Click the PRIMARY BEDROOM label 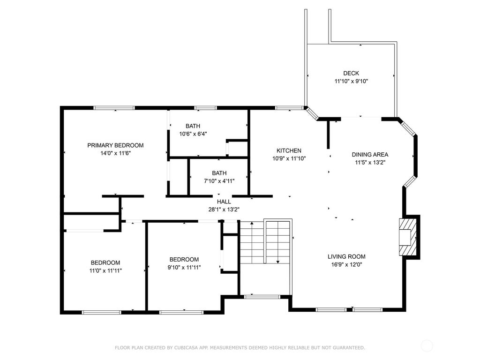point(115,145)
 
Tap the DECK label point(351,73)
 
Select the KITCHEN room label point(289,150)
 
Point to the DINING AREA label point(370,155)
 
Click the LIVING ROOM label point(346,256)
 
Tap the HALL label point(224,202)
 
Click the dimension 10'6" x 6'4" point(193,134)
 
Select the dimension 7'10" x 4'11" point(219,181)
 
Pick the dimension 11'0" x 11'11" point(105,270)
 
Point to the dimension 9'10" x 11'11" point(184,267)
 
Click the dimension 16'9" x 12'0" point(346,264)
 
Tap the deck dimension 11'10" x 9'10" point(351,81)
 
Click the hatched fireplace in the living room point(408,237)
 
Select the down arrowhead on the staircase point(277,262)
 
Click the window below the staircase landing point(262,297)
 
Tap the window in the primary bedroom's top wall point(114,108)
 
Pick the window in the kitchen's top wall point(289,108)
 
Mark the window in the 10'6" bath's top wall point(205,108)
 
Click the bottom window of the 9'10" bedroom point(181,312)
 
